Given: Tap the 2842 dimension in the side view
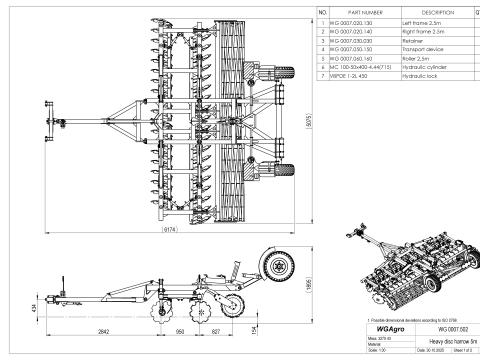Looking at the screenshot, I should (x=103, y=329).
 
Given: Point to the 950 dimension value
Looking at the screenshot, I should (x=180, y=329).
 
